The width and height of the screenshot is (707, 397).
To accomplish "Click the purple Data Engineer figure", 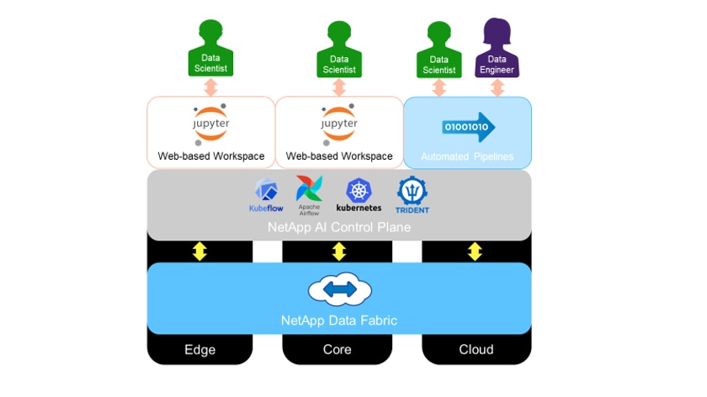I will [497, 49].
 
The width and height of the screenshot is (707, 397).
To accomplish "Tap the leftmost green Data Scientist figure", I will [210, 49].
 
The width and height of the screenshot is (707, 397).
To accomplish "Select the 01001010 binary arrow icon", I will [468, 127].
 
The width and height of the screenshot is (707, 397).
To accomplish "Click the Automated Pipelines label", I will [467, 156].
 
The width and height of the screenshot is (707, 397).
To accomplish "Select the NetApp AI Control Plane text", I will [338, 227].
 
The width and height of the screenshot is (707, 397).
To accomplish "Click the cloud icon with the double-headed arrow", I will [339, 290].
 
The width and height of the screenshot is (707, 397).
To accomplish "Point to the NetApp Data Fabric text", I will [338, 320].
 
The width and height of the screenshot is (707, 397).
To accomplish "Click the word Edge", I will [200, 349].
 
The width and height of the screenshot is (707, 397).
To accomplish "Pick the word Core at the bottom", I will [338, 349].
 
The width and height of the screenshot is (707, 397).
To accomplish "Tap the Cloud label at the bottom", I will [476, 349].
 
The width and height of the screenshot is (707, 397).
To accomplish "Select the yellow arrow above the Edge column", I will [200, 251].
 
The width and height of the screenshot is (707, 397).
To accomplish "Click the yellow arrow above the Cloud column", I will [476, 251].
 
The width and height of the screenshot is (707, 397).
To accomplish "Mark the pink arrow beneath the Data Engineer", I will [497, 87].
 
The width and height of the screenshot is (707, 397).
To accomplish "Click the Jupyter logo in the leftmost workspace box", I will [211, 124].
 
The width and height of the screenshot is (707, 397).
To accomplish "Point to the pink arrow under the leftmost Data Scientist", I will [210, 87].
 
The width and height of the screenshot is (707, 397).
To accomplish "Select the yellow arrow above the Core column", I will [338, 251].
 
